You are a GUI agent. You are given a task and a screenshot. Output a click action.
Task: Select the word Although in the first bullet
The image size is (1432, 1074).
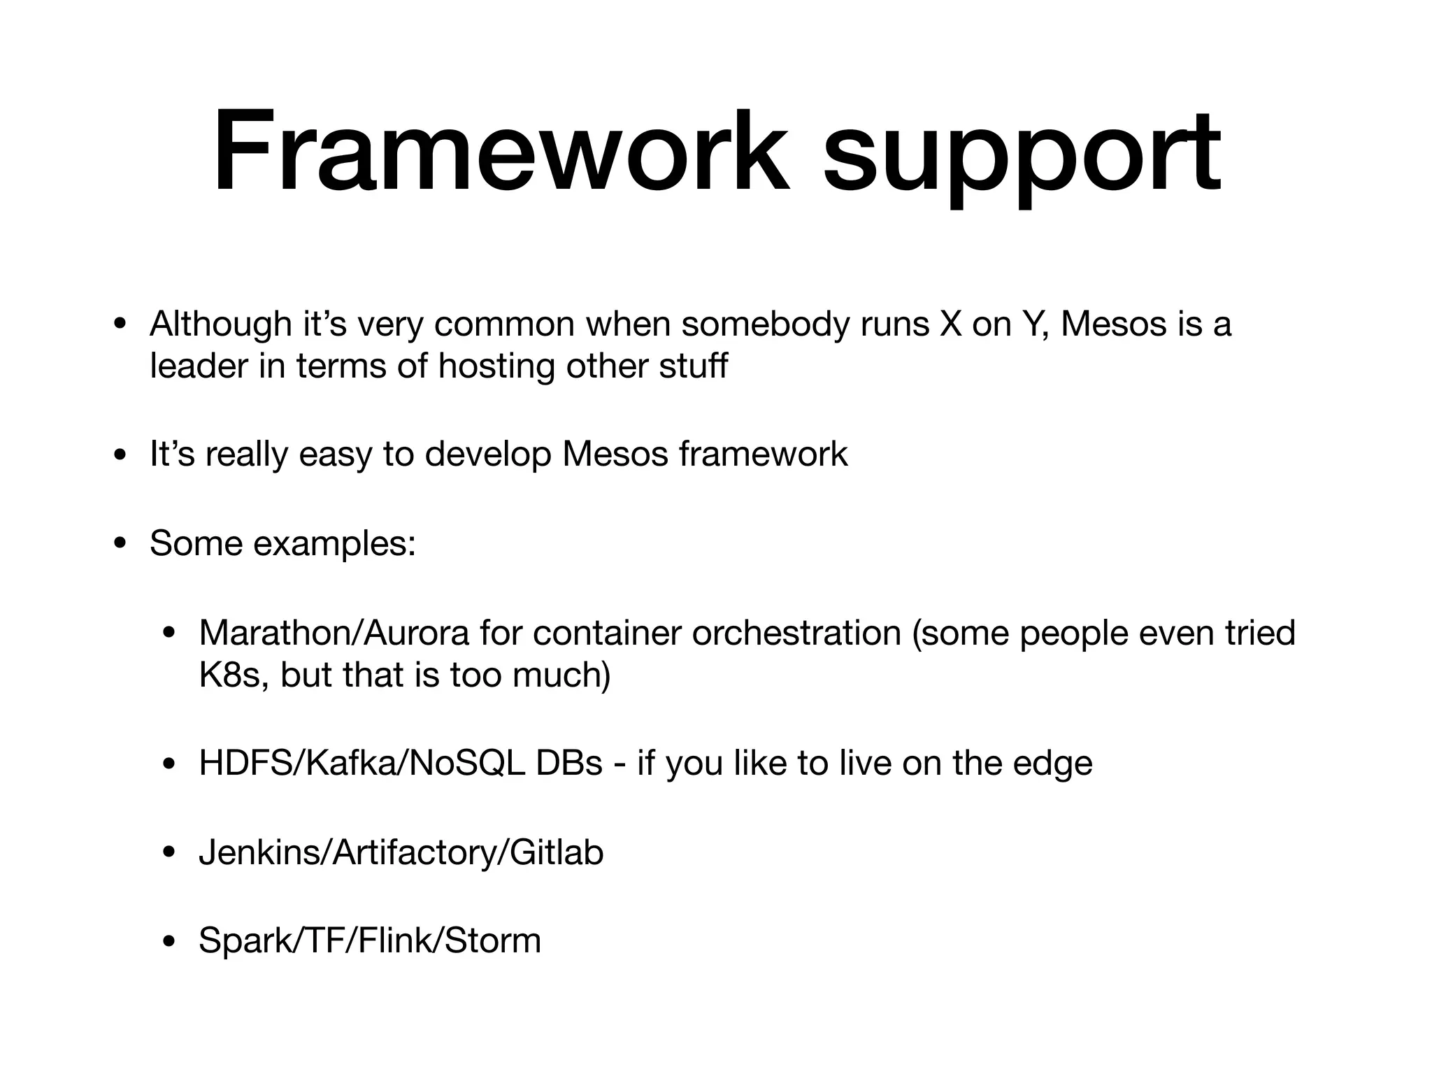(x=220, y=324)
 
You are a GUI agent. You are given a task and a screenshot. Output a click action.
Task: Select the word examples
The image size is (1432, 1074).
(x=335, y=544)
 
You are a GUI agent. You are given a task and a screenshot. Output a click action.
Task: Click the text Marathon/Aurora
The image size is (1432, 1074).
(x=334, y=633)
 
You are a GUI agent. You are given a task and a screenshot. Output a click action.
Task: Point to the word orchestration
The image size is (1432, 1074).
(x=796, y=633)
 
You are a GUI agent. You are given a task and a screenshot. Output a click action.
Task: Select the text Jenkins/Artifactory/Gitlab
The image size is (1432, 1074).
(x=401, y=853)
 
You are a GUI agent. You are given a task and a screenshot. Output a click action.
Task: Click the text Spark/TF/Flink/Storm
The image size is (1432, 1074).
(x=370, y=940)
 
